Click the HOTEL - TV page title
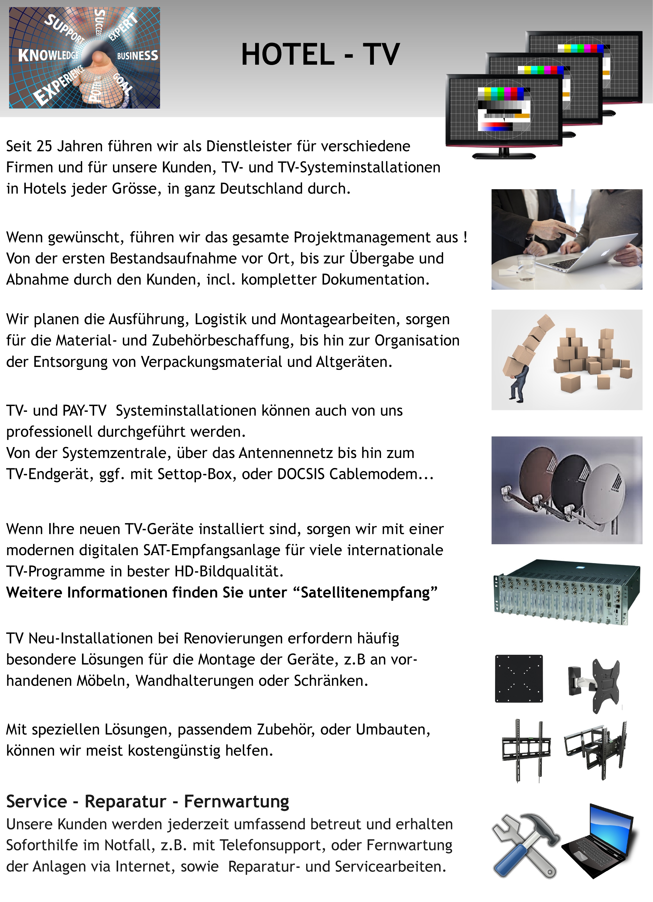[320, 54]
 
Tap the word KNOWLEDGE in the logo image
[49, 55]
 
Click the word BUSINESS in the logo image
[137, 55]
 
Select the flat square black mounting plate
[518, 678]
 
